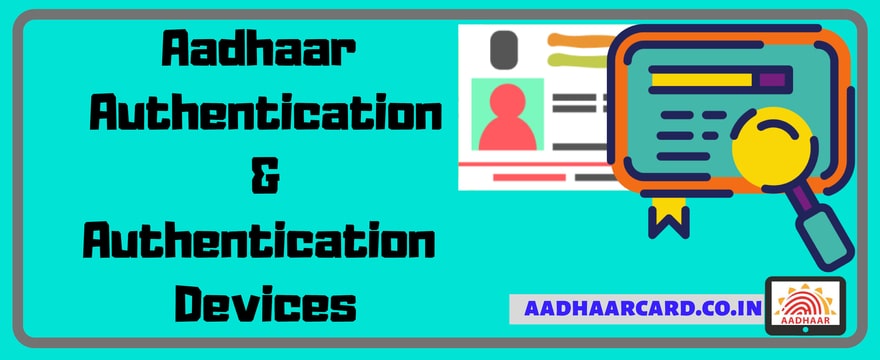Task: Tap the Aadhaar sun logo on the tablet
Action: [805, 298]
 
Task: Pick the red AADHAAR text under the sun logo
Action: [805, 321]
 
